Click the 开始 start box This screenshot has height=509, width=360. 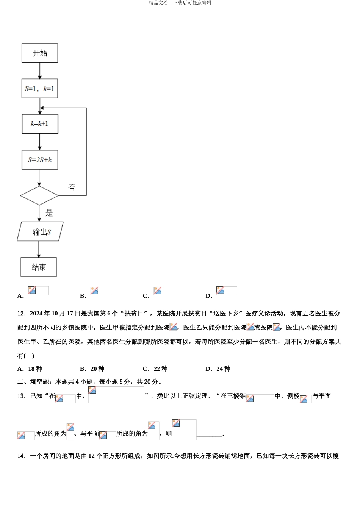[x=40, y=53]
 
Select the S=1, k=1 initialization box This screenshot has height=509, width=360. [x=40, y=89]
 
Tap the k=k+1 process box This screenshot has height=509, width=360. [x=40, y=124]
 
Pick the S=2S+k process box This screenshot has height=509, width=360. [x=40, y=160]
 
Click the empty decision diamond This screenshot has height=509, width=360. [x=39, y=196]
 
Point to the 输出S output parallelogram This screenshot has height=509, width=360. [x=40, y=231]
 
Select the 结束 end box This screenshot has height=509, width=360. [x=39, y=267]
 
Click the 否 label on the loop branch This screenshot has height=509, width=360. [x=72, y=187]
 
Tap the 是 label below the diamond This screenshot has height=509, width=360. [x=49, y=213]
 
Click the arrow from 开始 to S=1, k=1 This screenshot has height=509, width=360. [x=39, y=70]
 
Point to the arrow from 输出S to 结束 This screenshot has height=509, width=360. [x=39, y=249]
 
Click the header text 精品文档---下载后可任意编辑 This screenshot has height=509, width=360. [x=180, y=3]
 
